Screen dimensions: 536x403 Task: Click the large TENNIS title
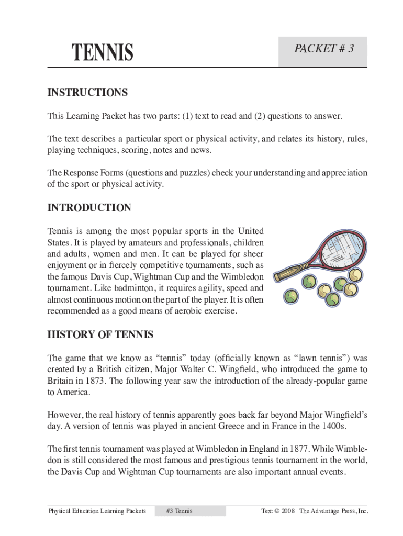[103, 52]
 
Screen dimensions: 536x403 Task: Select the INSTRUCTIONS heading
[87, 93]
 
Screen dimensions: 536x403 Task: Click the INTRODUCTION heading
[89, 208]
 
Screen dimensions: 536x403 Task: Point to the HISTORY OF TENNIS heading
[100, 334]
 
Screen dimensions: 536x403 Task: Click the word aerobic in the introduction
[189, 311]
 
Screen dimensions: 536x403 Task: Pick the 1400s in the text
[333, 426]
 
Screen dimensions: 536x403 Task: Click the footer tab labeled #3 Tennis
[178, 511]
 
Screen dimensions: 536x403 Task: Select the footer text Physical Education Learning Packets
[97, 511]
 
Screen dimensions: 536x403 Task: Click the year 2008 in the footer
[288, 511]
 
